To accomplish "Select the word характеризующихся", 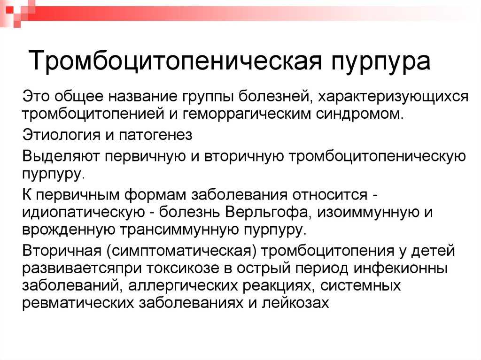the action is click(x=393, y=97).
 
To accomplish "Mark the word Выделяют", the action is click(x=61, y=157).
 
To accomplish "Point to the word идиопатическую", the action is click(x=84, y=213).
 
